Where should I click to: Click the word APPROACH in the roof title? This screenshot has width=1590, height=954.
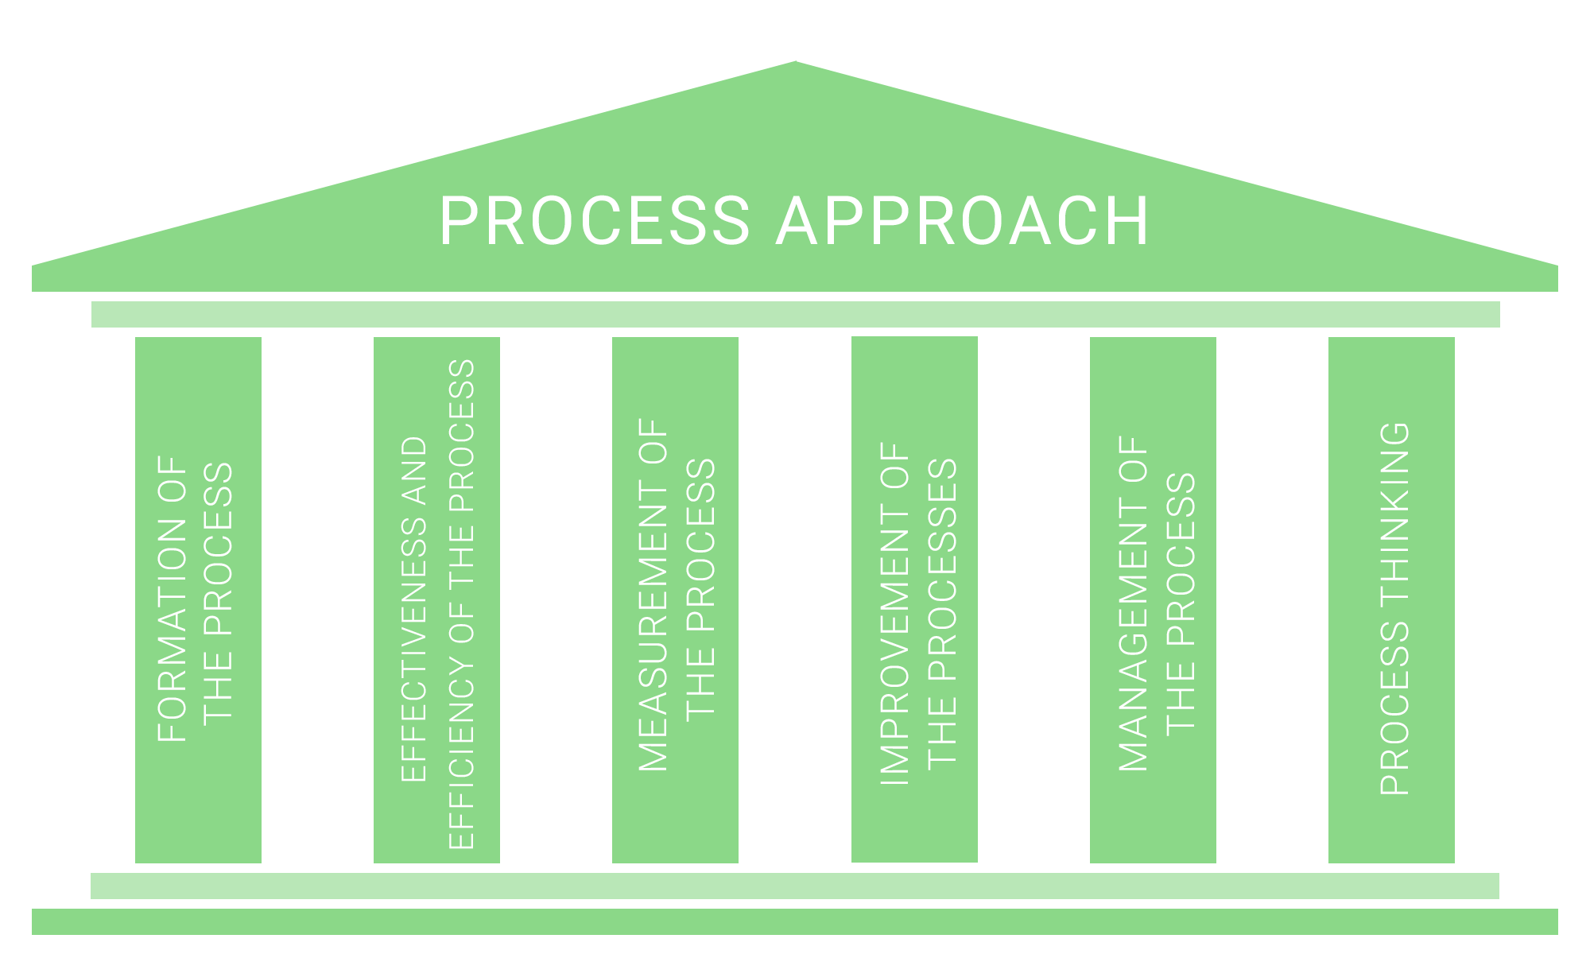(x=963, y=220)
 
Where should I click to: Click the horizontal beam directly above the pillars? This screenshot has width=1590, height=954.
(x=795, y=314)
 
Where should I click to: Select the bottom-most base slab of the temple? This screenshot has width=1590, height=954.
(x=795, y=921)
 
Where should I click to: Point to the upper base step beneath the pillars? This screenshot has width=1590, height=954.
(x=795, y=886)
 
